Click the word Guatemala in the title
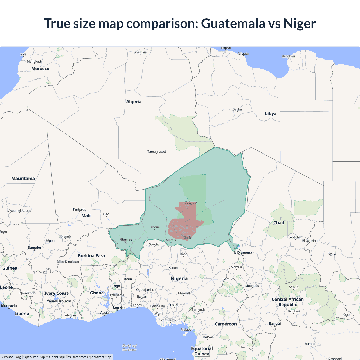coord(233,23)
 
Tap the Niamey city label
coord(126,240)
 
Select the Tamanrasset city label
coord(157,152)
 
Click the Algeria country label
coord(134,102)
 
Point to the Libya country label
coord(271,114)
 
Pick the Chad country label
coord(279,223)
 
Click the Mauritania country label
coord(23,179)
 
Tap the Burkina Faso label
coord(91,256)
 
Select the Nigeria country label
coord(179,278)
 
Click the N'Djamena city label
coord(243,253)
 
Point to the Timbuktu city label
coord(79,210)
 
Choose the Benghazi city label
coord(288,56)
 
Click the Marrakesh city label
coord(34,62)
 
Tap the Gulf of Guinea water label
coord(129,348)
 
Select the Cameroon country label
coord(226,324)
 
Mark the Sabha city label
coord(237,109)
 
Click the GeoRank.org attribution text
coord(11,357)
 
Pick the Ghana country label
coord(97,293)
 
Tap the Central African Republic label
coord(287,302)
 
